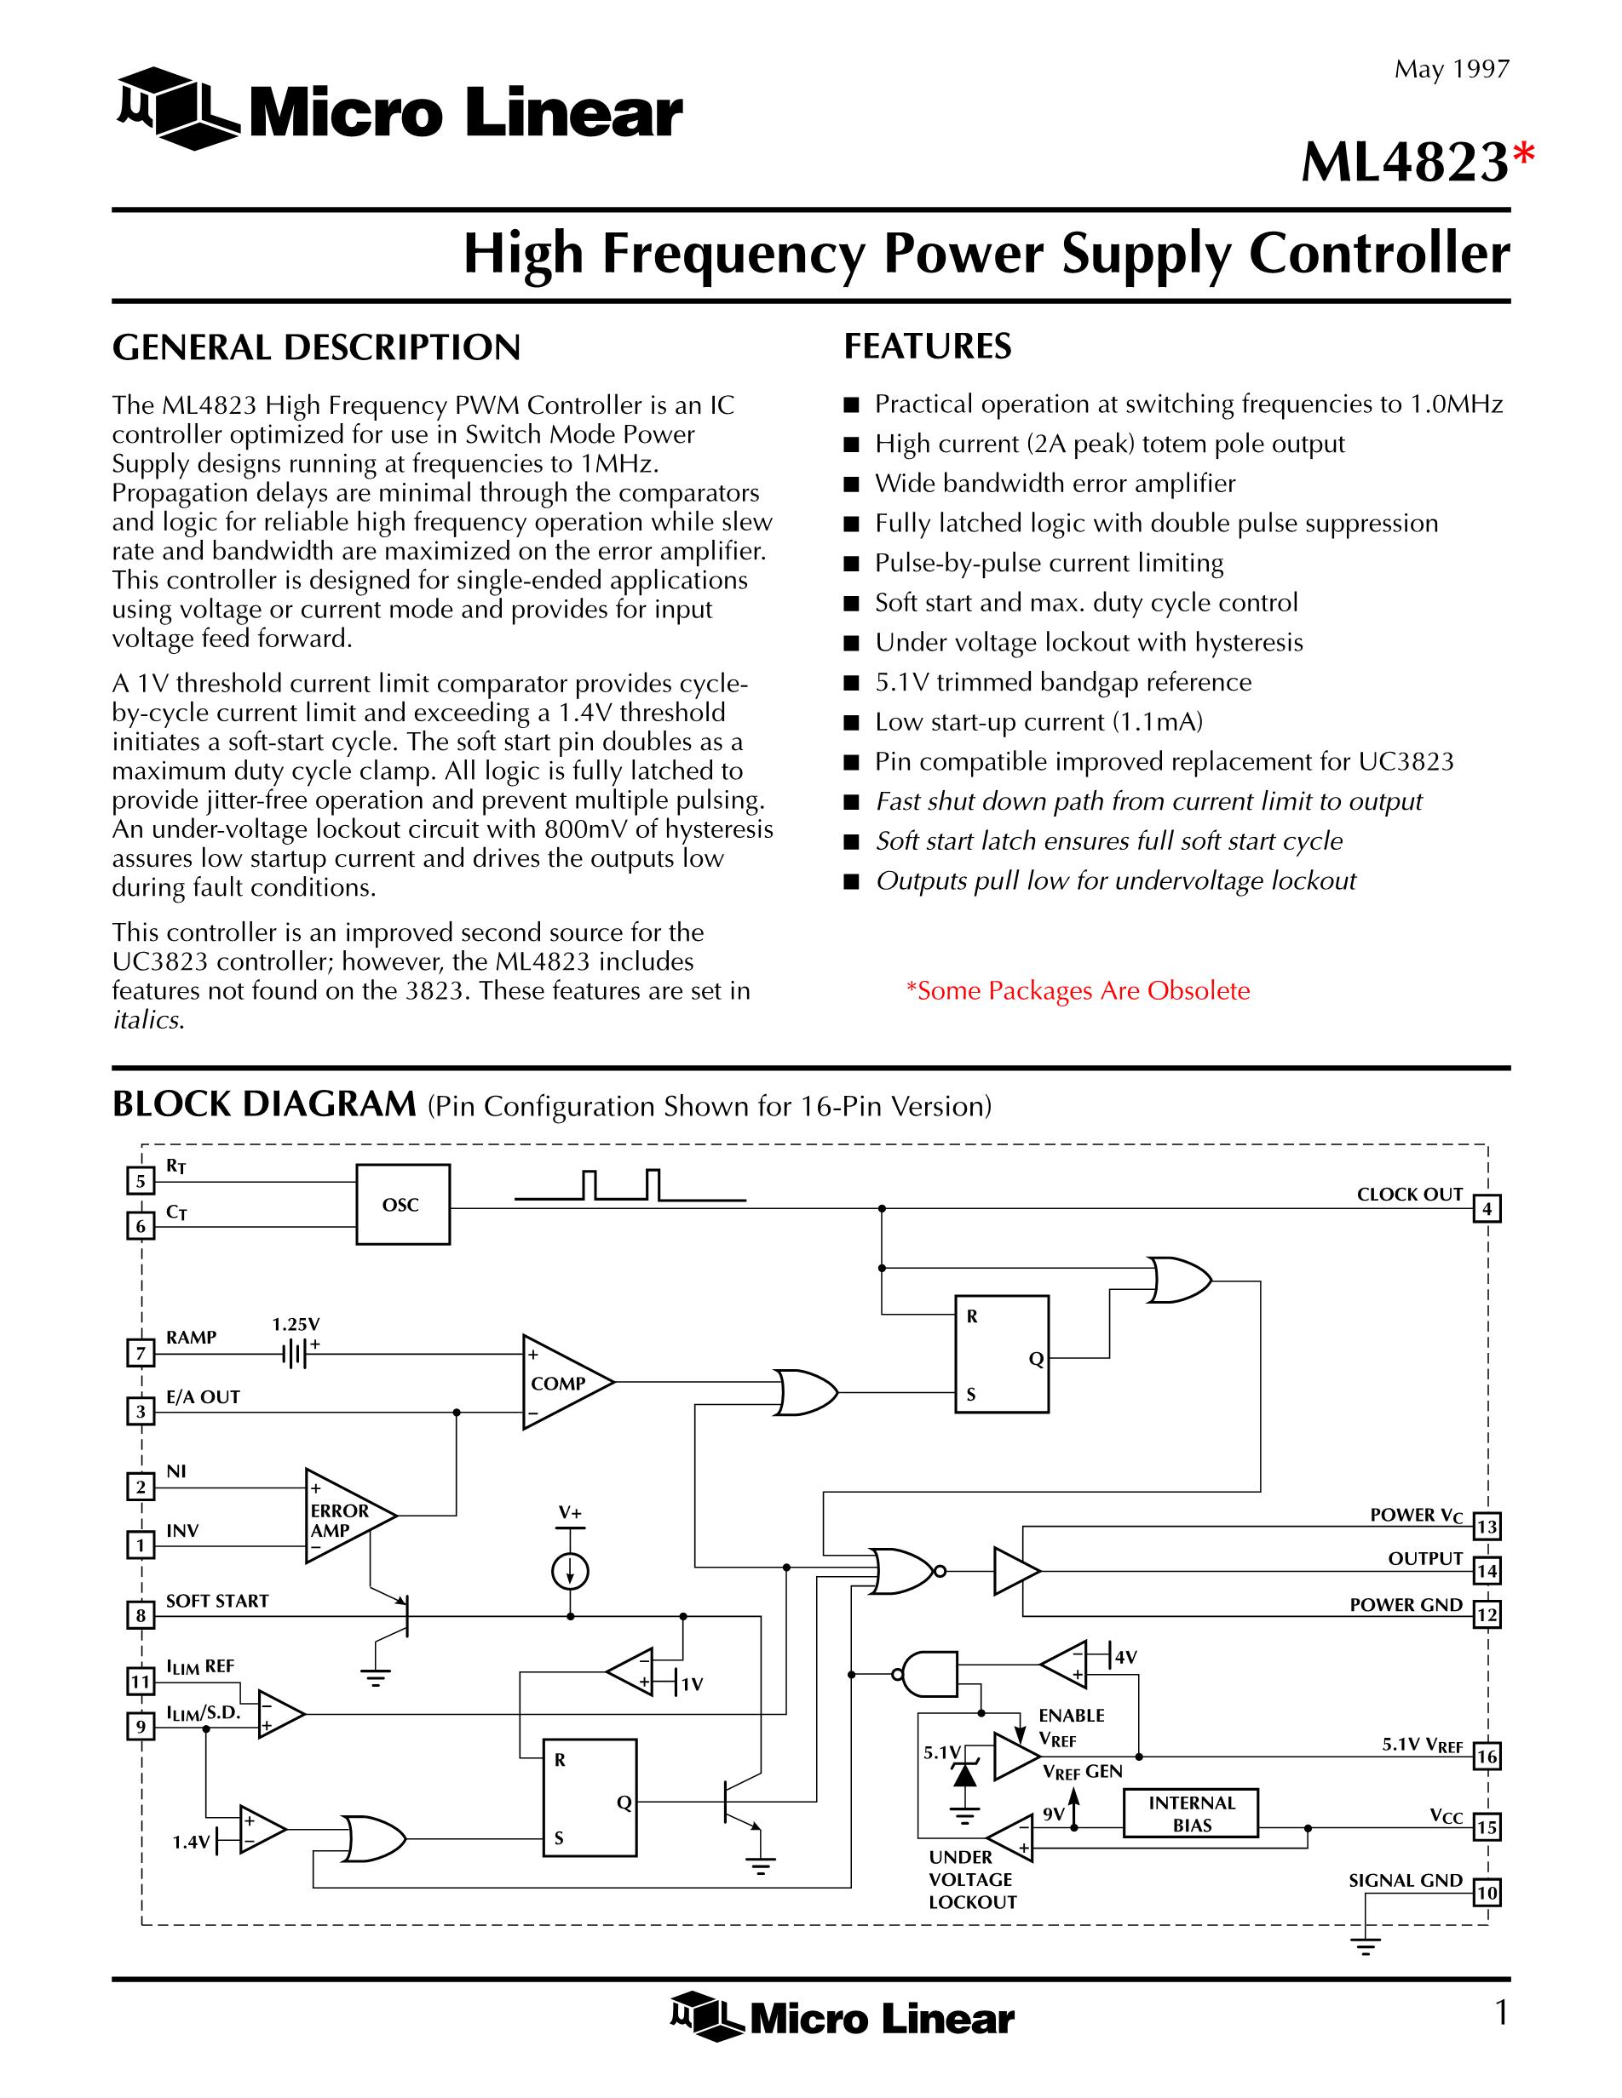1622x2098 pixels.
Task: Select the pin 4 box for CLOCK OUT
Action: [1486, 1208]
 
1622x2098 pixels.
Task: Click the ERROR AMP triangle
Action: [346, 1516]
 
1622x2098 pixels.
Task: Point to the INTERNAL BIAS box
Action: [1191, 1814]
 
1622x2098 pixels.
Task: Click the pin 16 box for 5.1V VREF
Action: [1486, 1757]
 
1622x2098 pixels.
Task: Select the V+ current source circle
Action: [571, 1572]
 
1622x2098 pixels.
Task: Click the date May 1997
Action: [1452, 69]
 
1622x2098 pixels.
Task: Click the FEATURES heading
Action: [927, 346]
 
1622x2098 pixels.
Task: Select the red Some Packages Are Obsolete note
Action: [1078, 990]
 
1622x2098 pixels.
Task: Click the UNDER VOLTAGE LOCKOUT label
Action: [971, 1880]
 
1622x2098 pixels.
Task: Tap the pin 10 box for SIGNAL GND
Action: [1486, 1894]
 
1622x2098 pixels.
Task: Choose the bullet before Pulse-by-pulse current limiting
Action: [851, 564]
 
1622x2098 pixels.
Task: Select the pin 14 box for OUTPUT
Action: [1486, 1572]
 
